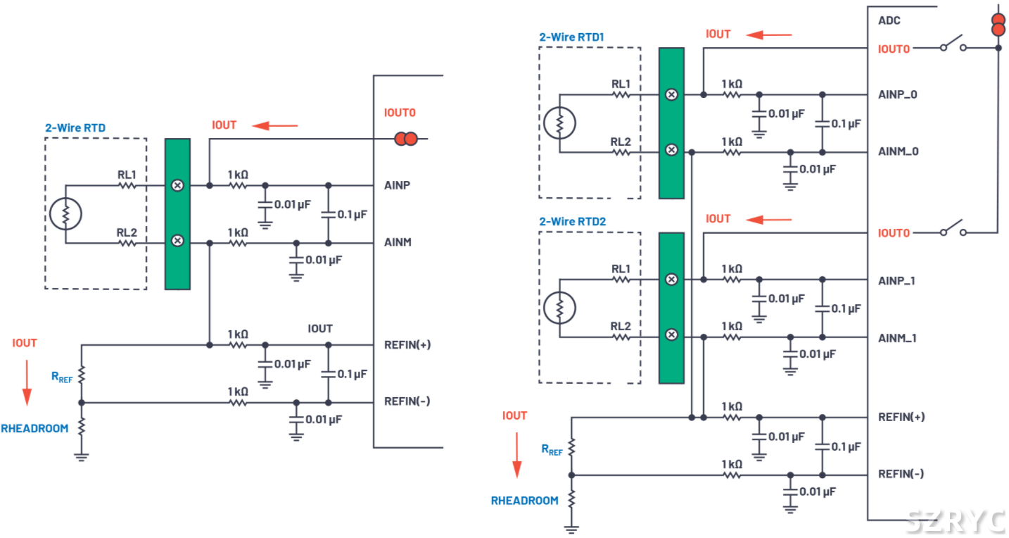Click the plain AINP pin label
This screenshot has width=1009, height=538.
[398, 185]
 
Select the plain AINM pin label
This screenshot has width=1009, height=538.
[398, 242]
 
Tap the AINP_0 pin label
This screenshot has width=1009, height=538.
[897, 94]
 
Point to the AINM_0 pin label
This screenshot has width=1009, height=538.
[898, 151]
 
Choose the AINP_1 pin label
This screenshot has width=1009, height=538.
[897, 281]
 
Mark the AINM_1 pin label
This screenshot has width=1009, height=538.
[897, 338]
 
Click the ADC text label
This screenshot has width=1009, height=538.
[889, 20]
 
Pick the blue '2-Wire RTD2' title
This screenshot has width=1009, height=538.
[572, 221]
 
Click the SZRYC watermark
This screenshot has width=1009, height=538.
[955, 520]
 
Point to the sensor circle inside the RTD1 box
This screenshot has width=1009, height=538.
[560, 123]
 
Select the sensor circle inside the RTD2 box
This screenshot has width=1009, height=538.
[560, 308]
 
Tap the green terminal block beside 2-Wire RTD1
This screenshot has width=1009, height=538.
[672, 123]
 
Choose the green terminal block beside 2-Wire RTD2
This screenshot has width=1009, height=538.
[672, 308]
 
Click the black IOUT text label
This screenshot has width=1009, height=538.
[320, 329]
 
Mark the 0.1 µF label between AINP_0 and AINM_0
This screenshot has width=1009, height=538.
[846, 123]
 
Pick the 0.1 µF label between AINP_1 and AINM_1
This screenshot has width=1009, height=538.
[846, 308]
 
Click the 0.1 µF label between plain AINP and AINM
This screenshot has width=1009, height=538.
[351, 214]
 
